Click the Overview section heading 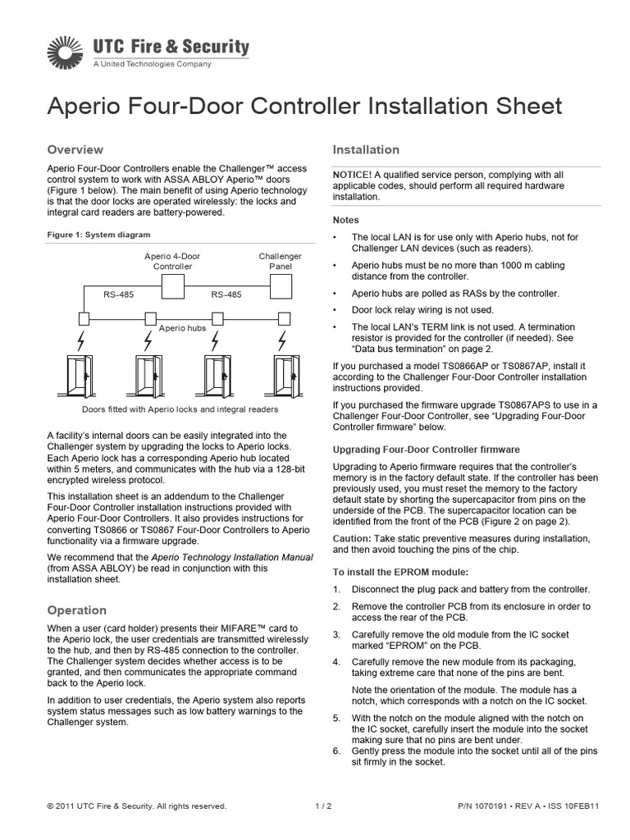click(x=75, y=149)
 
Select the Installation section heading click(x=366, y=149)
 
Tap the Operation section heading click(x=77, y=610)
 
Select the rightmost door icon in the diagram click(x=281, y=377)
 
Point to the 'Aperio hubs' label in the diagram click(x=182, y=327)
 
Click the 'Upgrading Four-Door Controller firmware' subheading click(x=426, y=450)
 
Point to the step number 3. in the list click(x=336, y=634)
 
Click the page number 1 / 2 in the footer click(x=323, y=806)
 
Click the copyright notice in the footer click(x=137, y=806)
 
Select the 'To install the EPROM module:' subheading click(x=400, y=570)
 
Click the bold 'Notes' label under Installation click(x=345, y=220)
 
